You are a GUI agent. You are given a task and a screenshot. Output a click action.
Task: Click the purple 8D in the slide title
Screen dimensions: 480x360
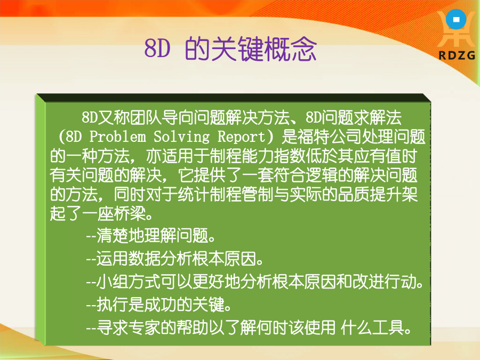tap(157, 49)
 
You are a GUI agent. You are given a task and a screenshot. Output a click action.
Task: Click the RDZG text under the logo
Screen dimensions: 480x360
tap(457, 55)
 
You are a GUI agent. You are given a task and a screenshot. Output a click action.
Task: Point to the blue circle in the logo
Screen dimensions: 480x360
tap(456, 19)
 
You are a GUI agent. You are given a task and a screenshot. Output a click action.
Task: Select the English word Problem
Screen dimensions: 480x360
tap(118, 137)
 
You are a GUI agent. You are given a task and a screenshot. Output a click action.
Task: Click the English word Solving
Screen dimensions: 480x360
tap(182, 137)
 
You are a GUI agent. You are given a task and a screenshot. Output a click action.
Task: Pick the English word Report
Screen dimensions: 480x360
tap(242, 137)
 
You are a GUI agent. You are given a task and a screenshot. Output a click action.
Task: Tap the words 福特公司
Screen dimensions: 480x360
tap(330, 137)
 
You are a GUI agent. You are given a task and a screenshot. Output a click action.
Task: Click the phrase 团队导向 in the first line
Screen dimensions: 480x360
tap(145, 117)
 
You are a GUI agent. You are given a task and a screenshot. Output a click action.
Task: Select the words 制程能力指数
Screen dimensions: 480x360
tap(258, 156)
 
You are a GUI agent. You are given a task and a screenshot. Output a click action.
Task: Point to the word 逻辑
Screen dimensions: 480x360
tap(322, 175)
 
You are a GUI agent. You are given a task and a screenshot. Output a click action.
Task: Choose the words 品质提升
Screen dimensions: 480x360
tap(369, 194)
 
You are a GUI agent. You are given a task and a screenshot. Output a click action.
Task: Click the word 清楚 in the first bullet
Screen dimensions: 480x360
tap(113, 235)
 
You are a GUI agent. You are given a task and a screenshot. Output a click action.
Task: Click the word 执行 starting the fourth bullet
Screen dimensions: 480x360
tap(113, 305)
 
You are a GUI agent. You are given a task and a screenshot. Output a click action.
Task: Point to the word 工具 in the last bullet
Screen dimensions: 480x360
tap(388, 327)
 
